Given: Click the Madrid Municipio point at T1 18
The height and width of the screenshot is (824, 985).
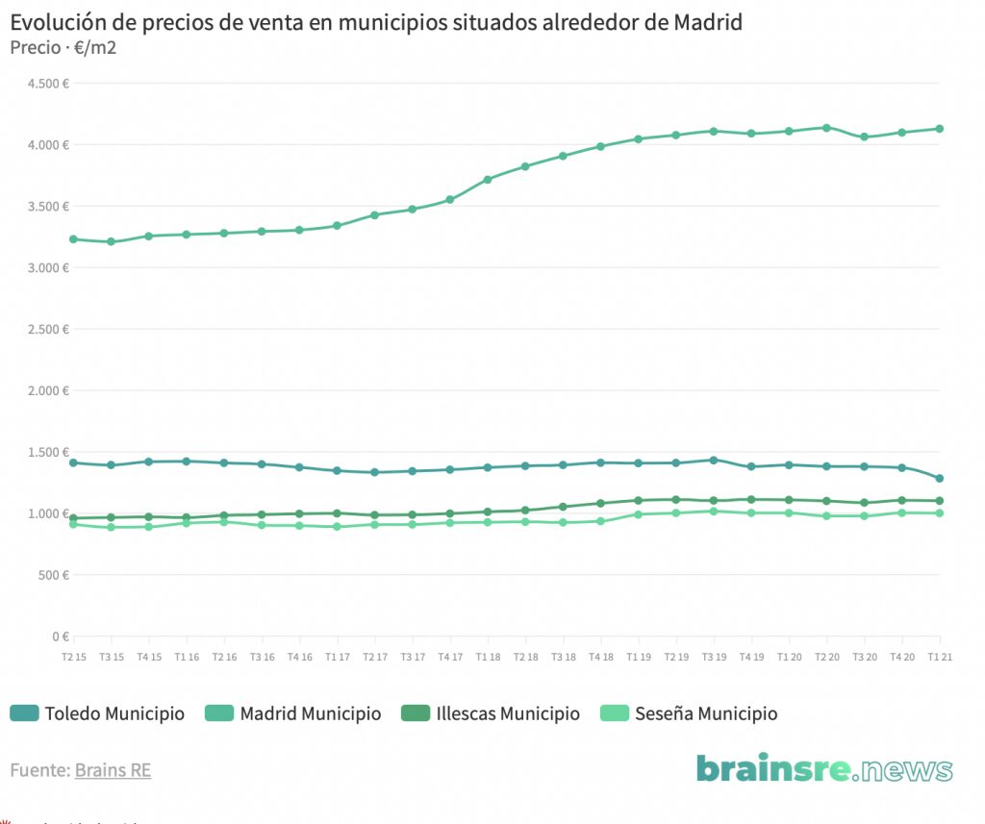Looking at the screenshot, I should point(488,180).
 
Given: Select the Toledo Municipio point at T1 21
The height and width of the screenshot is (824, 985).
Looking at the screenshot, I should point(940,478).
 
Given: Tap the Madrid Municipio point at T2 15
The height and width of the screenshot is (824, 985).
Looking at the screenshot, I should point(74,238).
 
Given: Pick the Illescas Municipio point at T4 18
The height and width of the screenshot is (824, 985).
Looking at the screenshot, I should point(600,503).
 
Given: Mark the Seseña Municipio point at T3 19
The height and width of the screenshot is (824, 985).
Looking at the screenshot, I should point(714,511).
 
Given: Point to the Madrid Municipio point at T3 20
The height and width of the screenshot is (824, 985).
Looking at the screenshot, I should point(864,137).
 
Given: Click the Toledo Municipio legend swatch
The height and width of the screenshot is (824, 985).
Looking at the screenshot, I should point(24,713).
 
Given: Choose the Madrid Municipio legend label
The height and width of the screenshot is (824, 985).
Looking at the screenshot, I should point(310,713).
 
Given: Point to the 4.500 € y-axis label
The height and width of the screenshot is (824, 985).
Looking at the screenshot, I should point(49,84).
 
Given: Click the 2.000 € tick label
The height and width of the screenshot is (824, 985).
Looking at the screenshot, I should point(49,390).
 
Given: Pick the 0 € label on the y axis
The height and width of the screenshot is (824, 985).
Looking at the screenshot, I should point(60,637).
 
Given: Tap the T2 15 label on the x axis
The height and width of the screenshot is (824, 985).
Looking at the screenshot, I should point(74,657).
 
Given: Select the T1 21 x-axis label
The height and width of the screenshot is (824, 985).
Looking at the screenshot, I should point(940,657).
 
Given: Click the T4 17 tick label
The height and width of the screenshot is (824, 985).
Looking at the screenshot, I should point(450,657).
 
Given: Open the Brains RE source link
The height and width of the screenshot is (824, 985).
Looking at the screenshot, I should point(113,770).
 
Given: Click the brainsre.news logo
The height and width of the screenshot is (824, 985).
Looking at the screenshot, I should point(824,769).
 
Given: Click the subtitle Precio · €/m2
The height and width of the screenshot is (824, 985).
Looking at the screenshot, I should point(63,47).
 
